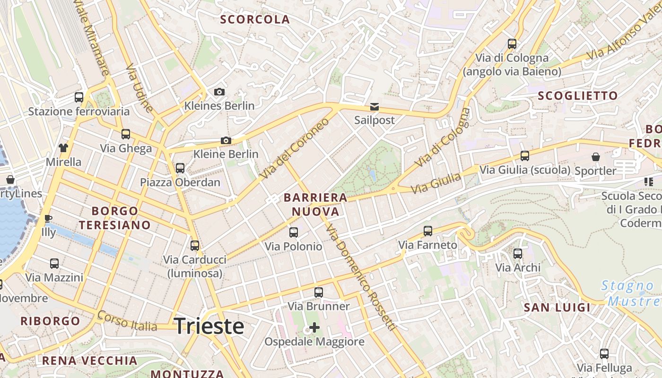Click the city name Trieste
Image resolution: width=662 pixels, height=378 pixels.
pos(209,326)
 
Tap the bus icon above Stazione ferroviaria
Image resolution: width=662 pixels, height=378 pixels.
pos(79,97)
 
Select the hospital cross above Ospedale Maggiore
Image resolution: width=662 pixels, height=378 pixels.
pos(314,327)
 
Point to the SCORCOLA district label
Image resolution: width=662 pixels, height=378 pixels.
pos(255,19)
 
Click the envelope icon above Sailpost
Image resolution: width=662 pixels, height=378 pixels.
pos(375,106)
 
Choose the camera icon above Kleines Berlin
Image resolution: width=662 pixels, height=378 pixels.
pos(219,92)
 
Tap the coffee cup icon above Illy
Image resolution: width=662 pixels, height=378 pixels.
pos(48,218)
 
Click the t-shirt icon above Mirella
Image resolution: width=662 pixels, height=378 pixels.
pos(63,147)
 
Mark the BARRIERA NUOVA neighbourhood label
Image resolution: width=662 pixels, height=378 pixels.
pos(315,205)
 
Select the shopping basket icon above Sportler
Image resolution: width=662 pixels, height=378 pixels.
pos(595,156)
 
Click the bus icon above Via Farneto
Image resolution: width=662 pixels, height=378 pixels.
pos(428,231)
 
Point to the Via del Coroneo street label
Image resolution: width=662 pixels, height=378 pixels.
pos(294,148)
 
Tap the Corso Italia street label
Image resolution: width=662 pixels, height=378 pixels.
pos(127,321)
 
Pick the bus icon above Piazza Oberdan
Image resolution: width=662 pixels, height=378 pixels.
pos(180,168)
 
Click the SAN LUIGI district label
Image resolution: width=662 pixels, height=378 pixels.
pos(557,308)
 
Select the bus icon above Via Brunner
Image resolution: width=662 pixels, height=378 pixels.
pos(319,292)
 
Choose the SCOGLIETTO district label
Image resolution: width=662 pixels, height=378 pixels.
pos(578,95)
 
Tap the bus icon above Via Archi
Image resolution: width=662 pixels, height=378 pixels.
pos(518,254)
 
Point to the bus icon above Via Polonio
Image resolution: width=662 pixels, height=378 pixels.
pos(294,232)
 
